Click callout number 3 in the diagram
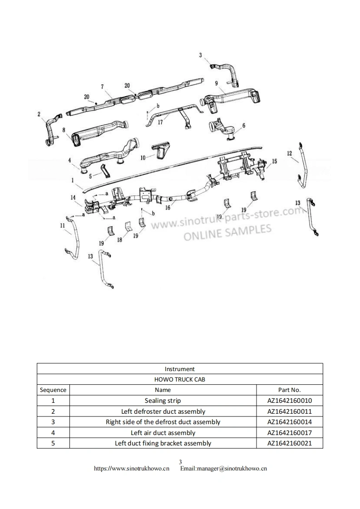pos(201,55)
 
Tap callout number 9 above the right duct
pos(217,83)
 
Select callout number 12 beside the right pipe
pos(290,153)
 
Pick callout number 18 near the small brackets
pos(119,240)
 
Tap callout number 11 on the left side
pos(62,225)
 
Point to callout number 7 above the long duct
pos(103,86)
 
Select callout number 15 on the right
pos(274,161)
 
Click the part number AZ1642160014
pos(289,422)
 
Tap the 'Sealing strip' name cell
pos(163,401)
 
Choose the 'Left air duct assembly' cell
pos(163,433)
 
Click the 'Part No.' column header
pos(289,390)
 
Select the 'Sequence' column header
pos(53,390)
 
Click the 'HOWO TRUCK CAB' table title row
pos(180,379)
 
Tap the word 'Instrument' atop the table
pos(180,369)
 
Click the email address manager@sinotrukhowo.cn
pos(223,469)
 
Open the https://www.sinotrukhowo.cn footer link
pos(131,469)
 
